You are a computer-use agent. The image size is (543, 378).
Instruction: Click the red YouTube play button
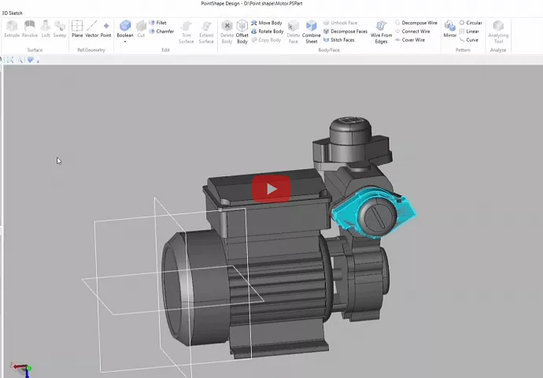click(271, 189)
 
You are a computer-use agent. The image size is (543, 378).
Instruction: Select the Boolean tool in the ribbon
click(125, 30)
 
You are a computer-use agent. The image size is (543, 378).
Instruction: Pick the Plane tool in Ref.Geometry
click(77, 30)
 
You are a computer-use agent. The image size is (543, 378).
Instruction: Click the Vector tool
click(91, 30)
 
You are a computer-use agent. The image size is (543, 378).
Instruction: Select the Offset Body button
click(242, 31)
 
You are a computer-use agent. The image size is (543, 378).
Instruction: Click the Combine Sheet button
click(312, 31)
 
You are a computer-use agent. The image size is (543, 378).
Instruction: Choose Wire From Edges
click(381, 31)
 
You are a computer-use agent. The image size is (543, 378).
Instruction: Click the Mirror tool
click(449, 30)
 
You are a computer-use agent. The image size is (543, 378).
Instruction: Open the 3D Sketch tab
click(12, 13)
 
